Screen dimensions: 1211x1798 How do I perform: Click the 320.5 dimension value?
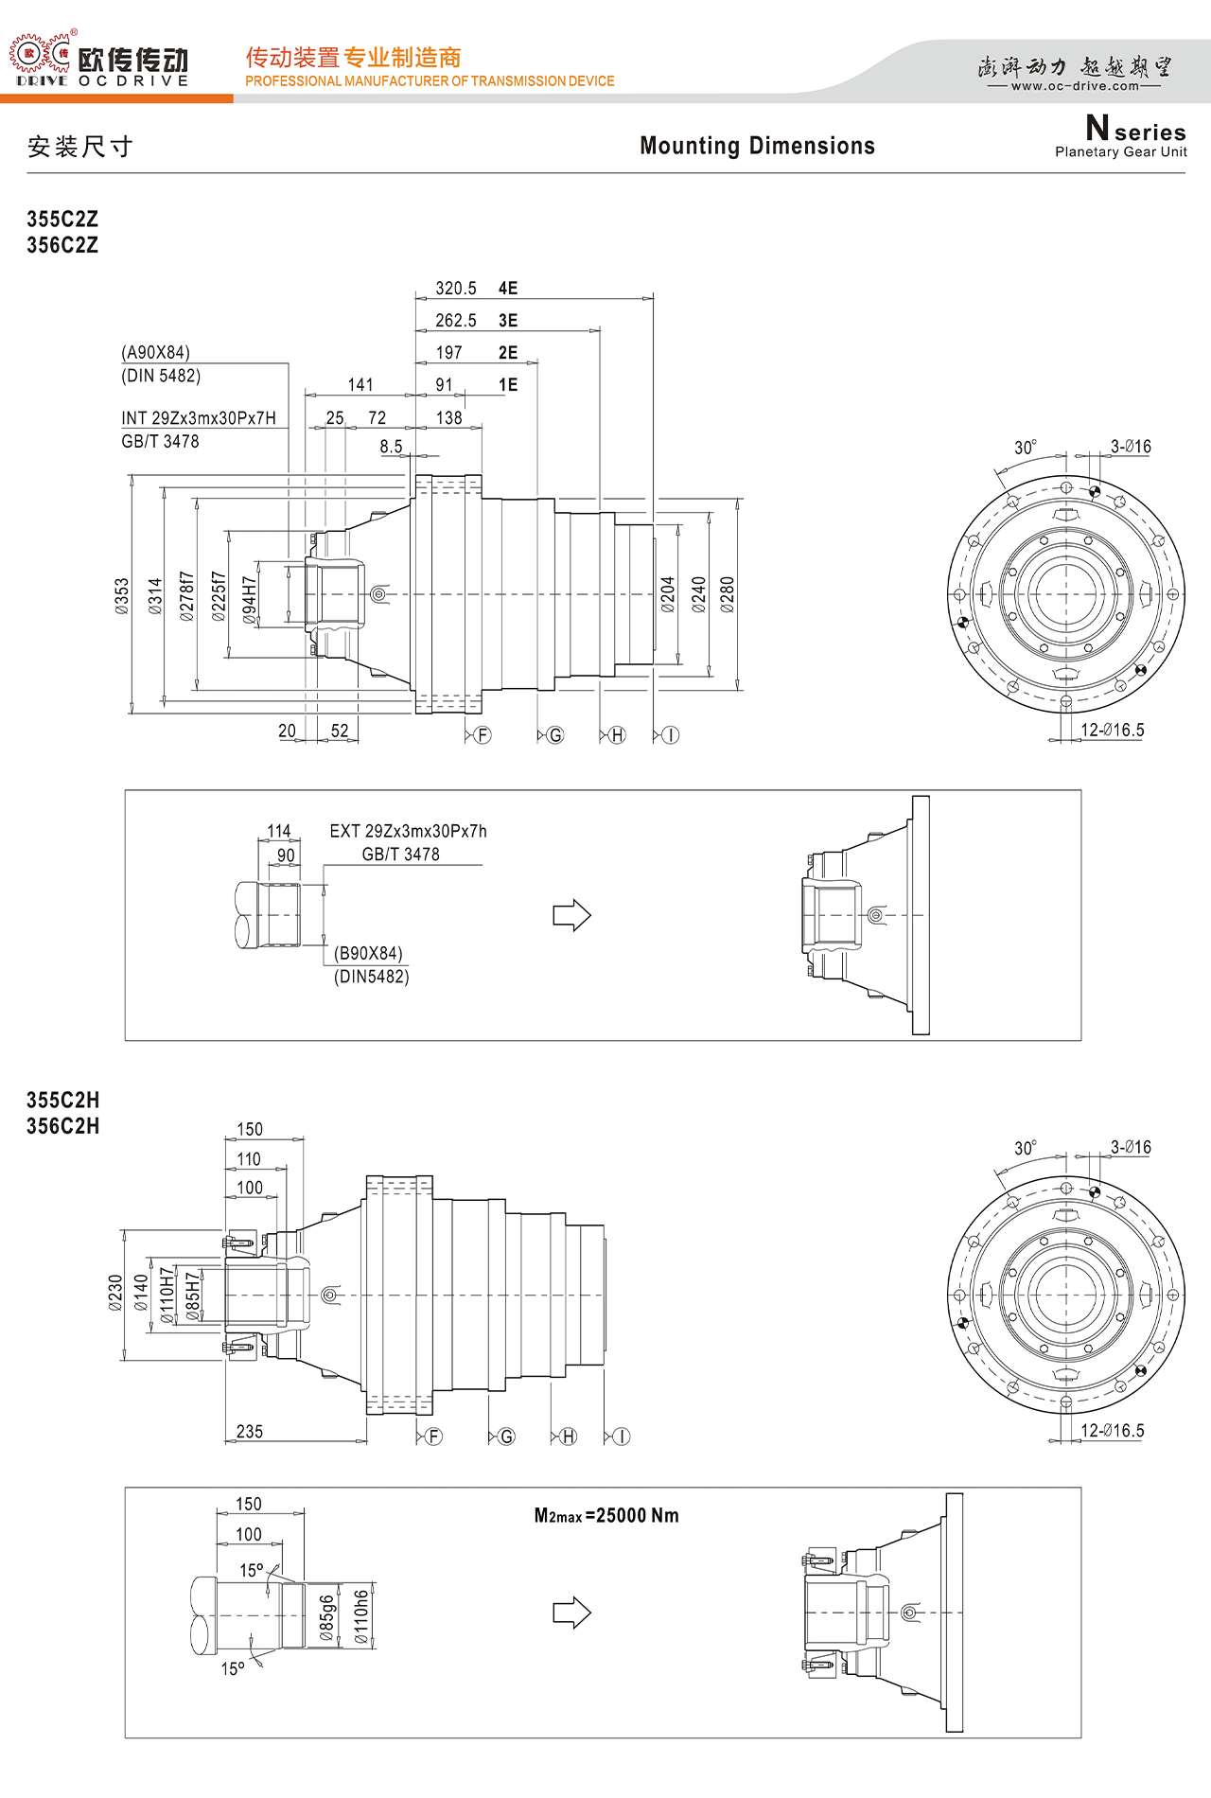[456, 289]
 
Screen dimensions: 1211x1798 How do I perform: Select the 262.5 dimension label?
[456, 321]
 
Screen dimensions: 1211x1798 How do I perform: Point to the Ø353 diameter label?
[122, 596]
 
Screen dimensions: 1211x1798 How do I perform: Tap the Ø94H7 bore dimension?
[250, 600]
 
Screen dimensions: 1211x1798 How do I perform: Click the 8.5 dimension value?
[391, 447]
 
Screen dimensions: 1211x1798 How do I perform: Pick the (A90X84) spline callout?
[156, 353]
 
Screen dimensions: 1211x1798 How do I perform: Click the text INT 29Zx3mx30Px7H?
[199, 418]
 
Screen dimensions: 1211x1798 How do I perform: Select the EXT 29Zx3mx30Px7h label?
[409, 831]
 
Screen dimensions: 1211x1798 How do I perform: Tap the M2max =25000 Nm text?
[606, 1515]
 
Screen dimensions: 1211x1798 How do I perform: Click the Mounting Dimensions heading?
[758, 146]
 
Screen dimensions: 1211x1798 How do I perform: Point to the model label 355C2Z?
[62, 219]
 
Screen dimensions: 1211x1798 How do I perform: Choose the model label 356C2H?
[62, 1126]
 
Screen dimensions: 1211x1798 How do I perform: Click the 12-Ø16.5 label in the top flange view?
[1113, 730]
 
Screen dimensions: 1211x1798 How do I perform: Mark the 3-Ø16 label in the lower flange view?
[1131, 1147]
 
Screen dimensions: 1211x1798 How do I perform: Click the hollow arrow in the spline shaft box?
[572, 915]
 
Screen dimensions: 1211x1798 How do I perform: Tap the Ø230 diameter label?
[115, 1293]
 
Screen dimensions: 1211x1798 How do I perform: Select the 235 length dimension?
[250, 1432]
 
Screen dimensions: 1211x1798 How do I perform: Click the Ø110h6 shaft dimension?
[360, 1616]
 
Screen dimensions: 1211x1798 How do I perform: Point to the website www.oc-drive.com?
[1075, 86]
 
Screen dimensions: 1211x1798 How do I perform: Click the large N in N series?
[1097, 127]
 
